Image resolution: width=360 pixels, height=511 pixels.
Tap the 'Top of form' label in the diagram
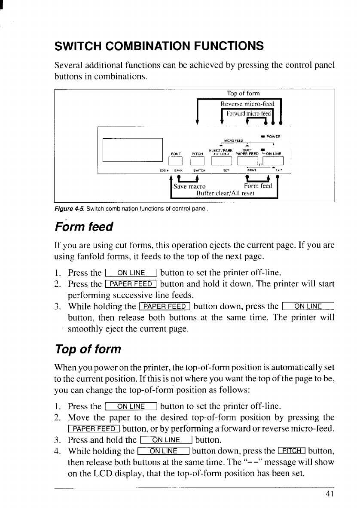(243, 94)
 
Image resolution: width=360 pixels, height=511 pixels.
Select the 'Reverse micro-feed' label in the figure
(247, 104)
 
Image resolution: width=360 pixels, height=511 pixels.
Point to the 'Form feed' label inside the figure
(258, 186)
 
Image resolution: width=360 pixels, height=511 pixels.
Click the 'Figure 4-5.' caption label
(69, 209)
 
